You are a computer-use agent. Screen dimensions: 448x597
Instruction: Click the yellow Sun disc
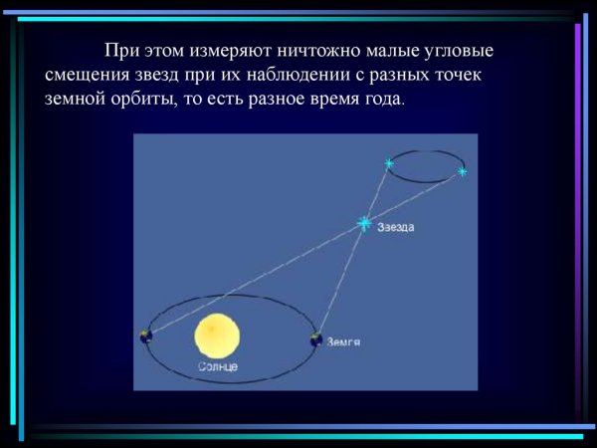[218, 336]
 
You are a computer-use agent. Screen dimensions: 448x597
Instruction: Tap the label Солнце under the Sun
[218, 367]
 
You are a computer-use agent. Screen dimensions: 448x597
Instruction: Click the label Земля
[342, 342]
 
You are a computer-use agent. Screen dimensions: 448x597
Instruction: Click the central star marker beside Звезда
[365, 223]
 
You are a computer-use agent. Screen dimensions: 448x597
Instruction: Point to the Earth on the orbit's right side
[316, 338]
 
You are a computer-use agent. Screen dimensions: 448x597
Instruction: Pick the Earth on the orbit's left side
[146, 336]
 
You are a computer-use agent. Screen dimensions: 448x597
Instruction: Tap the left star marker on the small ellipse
[388, 162]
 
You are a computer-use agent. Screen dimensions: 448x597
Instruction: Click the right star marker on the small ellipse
[463, 173]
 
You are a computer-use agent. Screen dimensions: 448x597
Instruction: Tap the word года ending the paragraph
[384, 100]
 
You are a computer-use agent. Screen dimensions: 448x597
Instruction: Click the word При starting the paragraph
[120, 50]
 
